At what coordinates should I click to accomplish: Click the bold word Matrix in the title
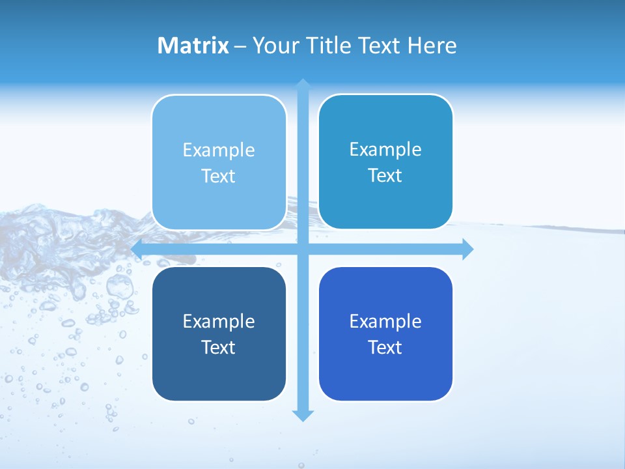(193, 46)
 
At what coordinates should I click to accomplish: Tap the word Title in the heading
(329, 46)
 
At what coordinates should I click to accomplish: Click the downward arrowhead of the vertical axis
(303, 415)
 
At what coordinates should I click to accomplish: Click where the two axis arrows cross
(303, 249)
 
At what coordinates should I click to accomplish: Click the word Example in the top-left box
(219, 150)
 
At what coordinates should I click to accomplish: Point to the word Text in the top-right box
(385, 176)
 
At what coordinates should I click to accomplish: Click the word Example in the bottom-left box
(219, 321)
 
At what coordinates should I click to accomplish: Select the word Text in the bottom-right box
(385, 347)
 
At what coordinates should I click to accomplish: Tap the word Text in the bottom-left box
(219, 347)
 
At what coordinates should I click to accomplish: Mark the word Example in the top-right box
(385, 149)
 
